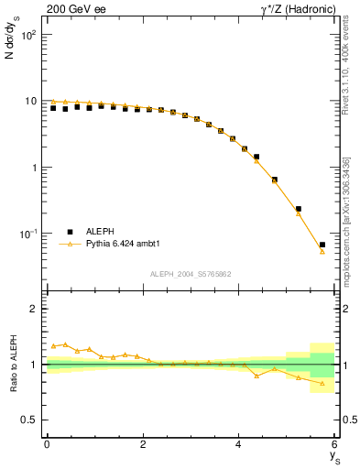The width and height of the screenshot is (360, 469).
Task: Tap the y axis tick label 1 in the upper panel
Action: coord(35,168)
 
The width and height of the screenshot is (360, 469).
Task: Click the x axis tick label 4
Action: coord(239,444)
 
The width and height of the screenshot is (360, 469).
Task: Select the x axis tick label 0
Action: coord(47,444)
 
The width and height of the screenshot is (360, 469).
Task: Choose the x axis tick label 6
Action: coord(335,444)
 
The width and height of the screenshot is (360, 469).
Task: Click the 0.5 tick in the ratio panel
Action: coord(30,420)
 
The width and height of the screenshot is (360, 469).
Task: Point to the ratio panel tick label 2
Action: coord(35,309)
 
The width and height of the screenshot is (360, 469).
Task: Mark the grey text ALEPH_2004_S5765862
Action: coord(191,274)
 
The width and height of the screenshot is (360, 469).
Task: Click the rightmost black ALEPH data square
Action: coord(322,245)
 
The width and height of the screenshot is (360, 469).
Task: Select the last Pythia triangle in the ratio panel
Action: coord(322,383)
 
